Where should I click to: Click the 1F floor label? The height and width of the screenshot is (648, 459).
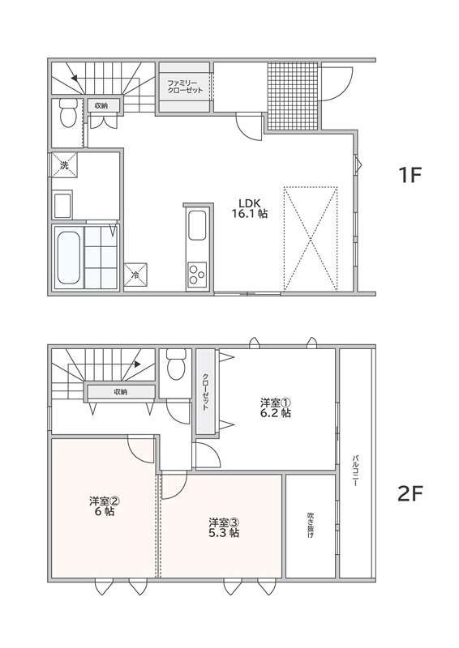[x=410, y=176]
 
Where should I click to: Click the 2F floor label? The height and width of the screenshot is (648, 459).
[x=410, y=493]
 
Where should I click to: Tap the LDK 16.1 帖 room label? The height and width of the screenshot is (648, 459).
[x=249, y=208]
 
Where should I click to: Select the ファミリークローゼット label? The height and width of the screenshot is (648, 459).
[x=185, y=87]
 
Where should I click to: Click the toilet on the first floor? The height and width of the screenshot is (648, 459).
[x=67, y=113]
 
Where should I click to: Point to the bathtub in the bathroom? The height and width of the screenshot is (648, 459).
[x=68, y=258]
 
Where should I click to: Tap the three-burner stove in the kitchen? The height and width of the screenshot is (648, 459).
[x=196, y=275]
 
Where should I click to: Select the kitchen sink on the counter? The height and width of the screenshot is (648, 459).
[x=196, y=225]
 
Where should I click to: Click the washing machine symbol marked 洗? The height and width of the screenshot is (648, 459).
[x=64, y=165]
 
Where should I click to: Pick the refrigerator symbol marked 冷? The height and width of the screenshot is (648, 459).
[x=135, y=274]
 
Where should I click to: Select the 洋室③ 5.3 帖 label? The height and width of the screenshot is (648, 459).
[x=224, y=527]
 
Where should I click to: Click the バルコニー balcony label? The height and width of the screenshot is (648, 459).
[x=355, y=471]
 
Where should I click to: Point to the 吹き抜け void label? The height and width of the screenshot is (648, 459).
[x=311, y=525]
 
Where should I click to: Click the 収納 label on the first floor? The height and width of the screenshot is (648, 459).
[x=101, y=106]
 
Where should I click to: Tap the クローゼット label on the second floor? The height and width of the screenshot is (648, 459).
[x=205, y=392]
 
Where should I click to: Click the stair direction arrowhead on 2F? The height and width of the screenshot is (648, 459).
[x=136, y=364]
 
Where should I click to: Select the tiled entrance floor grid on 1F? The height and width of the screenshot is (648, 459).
[x=293, y=96]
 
